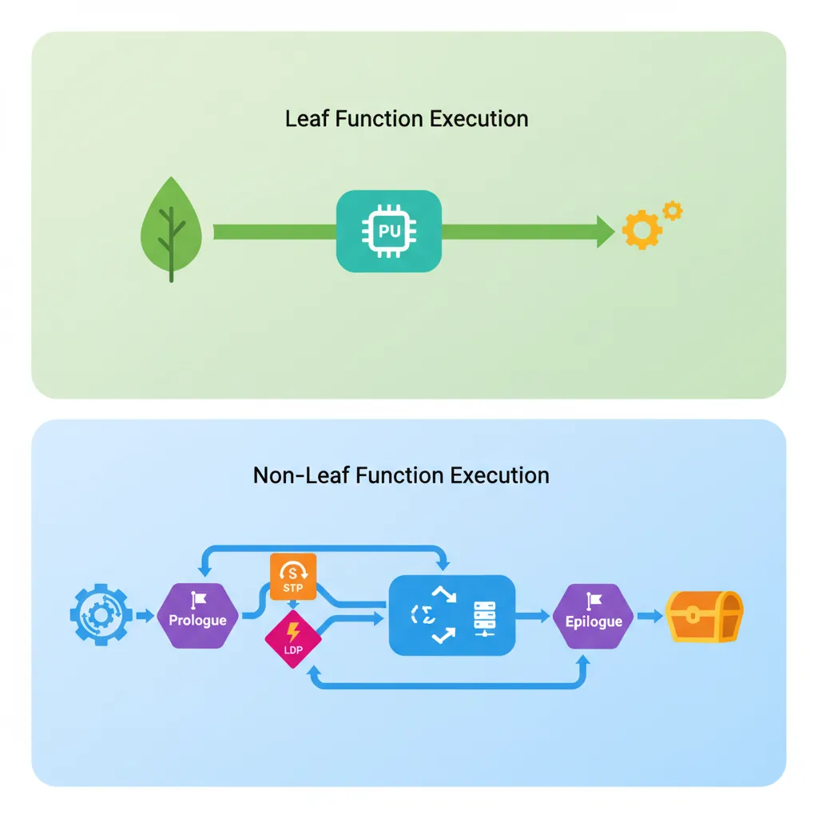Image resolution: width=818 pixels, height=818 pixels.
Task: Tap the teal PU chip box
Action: tap(389, 231)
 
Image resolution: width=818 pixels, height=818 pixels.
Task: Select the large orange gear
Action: tap(641, 231)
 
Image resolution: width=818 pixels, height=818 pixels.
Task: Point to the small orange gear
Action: tap(673, 210)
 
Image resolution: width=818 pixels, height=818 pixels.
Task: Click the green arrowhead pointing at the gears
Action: tap(605, 232)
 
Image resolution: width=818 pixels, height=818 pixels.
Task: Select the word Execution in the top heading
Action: tap(479, 119)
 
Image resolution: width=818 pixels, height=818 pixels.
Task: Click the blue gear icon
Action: tap(101, 615)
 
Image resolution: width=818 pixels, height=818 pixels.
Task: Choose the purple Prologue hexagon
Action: tap(197, 616)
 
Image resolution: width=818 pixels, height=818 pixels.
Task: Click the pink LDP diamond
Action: tap(293, 640)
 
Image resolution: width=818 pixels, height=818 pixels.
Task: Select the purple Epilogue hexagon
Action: tap(594, 616)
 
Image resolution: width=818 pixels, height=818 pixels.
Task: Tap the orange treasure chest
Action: tap(705, 616)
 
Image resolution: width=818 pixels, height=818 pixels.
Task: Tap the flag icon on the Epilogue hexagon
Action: tap(594, 600)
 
